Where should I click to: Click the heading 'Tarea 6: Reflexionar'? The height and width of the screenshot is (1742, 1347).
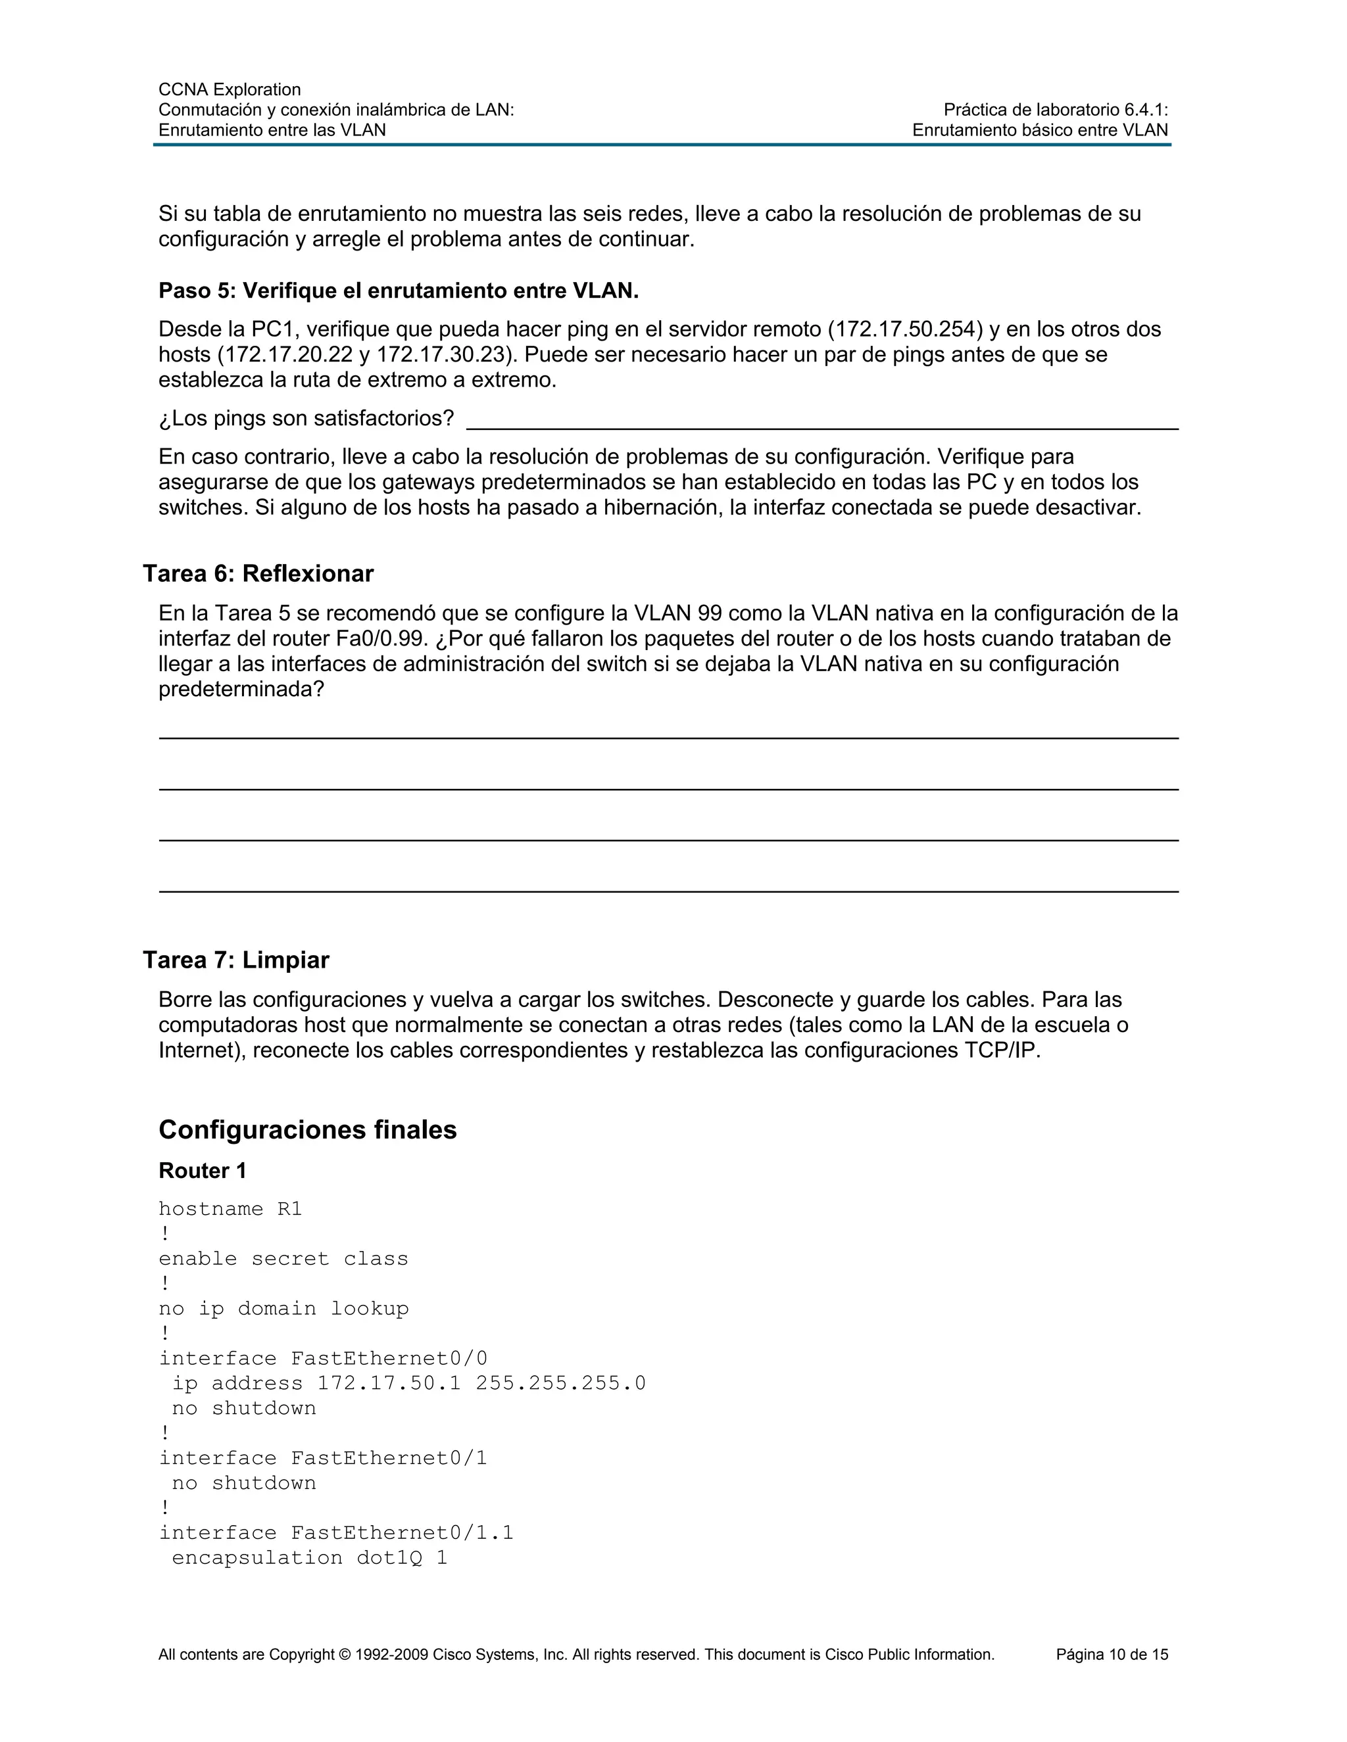258,573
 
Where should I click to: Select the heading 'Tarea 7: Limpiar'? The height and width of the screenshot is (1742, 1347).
235,960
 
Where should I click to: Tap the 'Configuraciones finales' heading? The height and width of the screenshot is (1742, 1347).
307,1129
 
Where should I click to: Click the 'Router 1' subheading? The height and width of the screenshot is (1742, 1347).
203,1171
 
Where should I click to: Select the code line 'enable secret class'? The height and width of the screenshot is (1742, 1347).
283,1259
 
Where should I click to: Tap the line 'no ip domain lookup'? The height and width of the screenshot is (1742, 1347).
283,1309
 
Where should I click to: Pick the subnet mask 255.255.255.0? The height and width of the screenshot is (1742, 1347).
560,1383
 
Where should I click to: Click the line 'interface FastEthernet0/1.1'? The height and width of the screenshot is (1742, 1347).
336,1532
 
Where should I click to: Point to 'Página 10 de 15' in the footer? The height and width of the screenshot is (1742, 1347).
1112,1655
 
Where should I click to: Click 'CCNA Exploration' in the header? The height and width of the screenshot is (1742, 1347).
230,89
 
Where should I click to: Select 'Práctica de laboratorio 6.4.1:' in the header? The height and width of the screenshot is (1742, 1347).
1055,110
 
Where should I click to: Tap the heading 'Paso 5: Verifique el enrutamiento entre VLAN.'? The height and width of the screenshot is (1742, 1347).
398,291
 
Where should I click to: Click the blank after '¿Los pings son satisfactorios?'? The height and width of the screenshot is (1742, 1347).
822,419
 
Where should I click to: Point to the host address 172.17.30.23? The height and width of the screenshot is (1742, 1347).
445,355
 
